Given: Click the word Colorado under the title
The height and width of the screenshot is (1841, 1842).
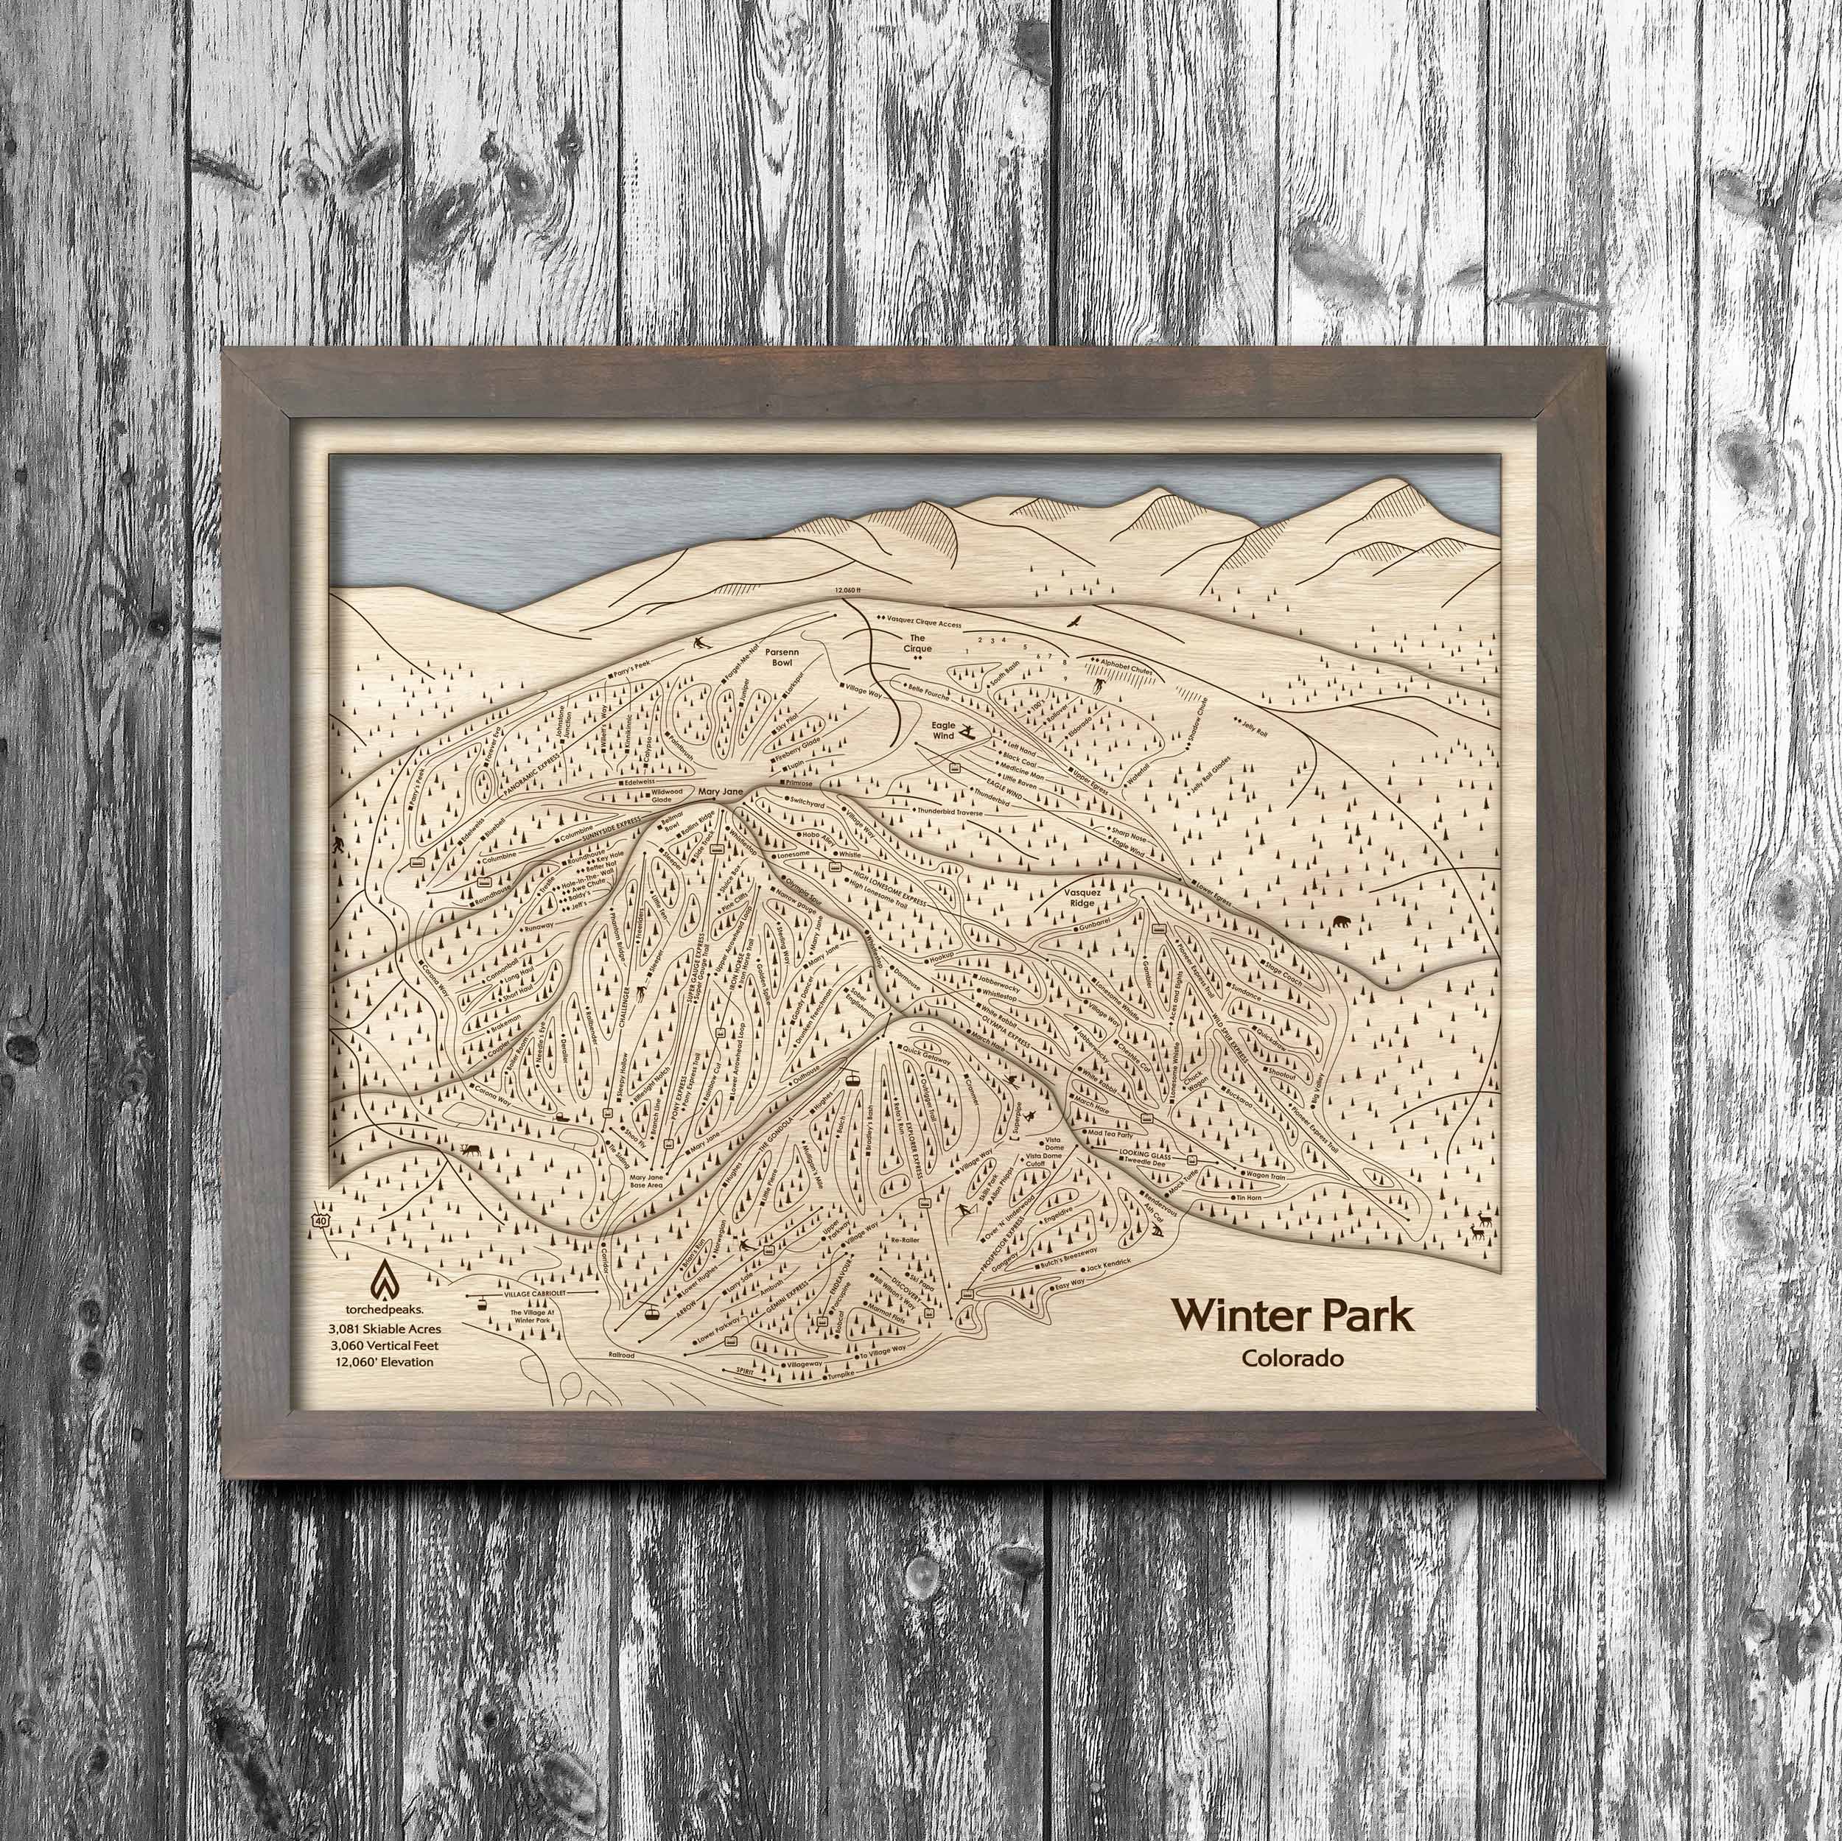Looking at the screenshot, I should (1293, 1358).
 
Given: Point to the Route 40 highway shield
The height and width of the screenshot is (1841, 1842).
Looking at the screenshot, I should (328, 1221).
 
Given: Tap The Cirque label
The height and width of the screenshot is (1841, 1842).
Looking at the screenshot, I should (917, 642).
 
